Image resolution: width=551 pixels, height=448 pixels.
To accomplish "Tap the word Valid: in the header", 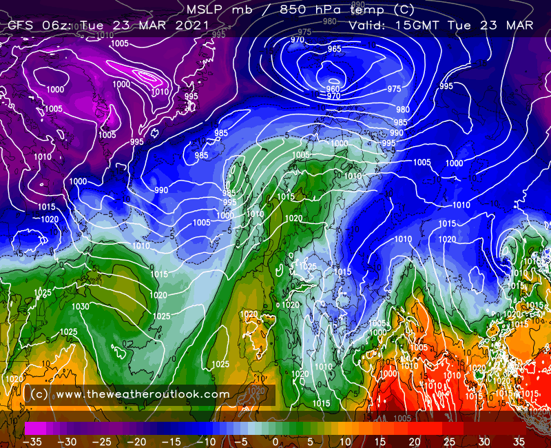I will click(x=369, y=26).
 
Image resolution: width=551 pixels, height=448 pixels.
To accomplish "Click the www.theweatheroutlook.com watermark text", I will click(x=142, y=394).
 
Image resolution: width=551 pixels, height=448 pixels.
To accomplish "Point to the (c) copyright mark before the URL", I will click(x=39, y=394).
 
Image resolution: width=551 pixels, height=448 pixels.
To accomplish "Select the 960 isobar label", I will click(x=333, y=90).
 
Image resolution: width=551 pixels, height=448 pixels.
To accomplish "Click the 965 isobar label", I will click(x=335, y=49).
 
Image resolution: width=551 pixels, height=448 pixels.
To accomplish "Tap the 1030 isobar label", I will click(x=80, y=307).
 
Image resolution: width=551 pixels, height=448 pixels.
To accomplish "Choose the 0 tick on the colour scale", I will click(x=275, y=441).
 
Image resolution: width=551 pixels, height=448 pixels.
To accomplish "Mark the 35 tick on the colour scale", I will click(x=519, y=441).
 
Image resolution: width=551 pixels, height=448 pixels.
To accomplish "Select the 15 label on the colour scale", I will click(x=380, y=441).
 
